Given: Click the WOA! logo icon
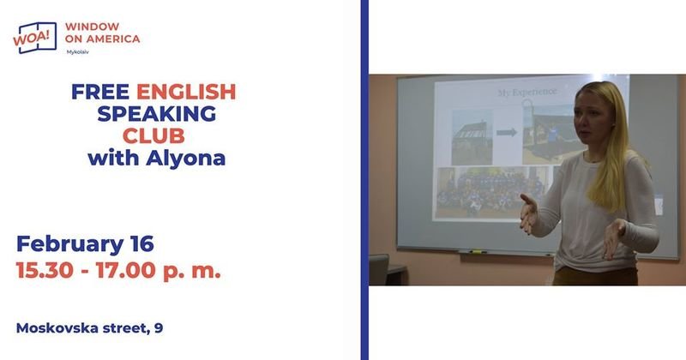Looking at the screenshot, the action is point(35,38).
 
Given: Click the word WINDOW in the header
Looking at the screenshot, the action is point(92,27).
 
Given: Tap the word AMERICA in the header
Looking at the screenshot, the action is point(113,39).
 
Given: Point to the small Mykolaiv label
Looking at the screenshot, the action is point(77,52).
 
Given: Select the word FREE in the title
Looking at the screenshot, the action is point(100,92).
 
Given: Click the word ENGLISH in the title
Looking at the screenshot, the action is point(186,92).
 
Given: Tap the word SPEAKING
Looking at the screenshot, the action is point(157,114).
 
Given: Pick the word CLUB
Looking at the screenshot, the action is point(153,136).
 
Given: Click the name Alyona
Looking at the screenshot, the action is point(185,159).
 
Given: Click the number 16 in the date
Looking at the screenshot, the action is point(142,243).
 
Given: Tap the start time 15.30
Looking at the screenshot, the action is point(45,270).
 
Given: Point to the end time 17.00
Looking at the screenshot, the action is point(125,270).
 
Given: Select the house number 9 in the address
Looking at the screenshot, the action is point(159,328).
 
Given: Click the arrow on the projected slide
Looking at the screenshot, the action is point(507,132).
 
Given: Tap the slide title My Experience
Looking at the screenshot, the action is point(527,93).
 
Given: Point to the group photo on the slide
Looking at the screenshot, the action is point(490,192).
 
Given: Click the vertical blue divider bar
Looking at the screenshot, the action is point(364,180).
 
